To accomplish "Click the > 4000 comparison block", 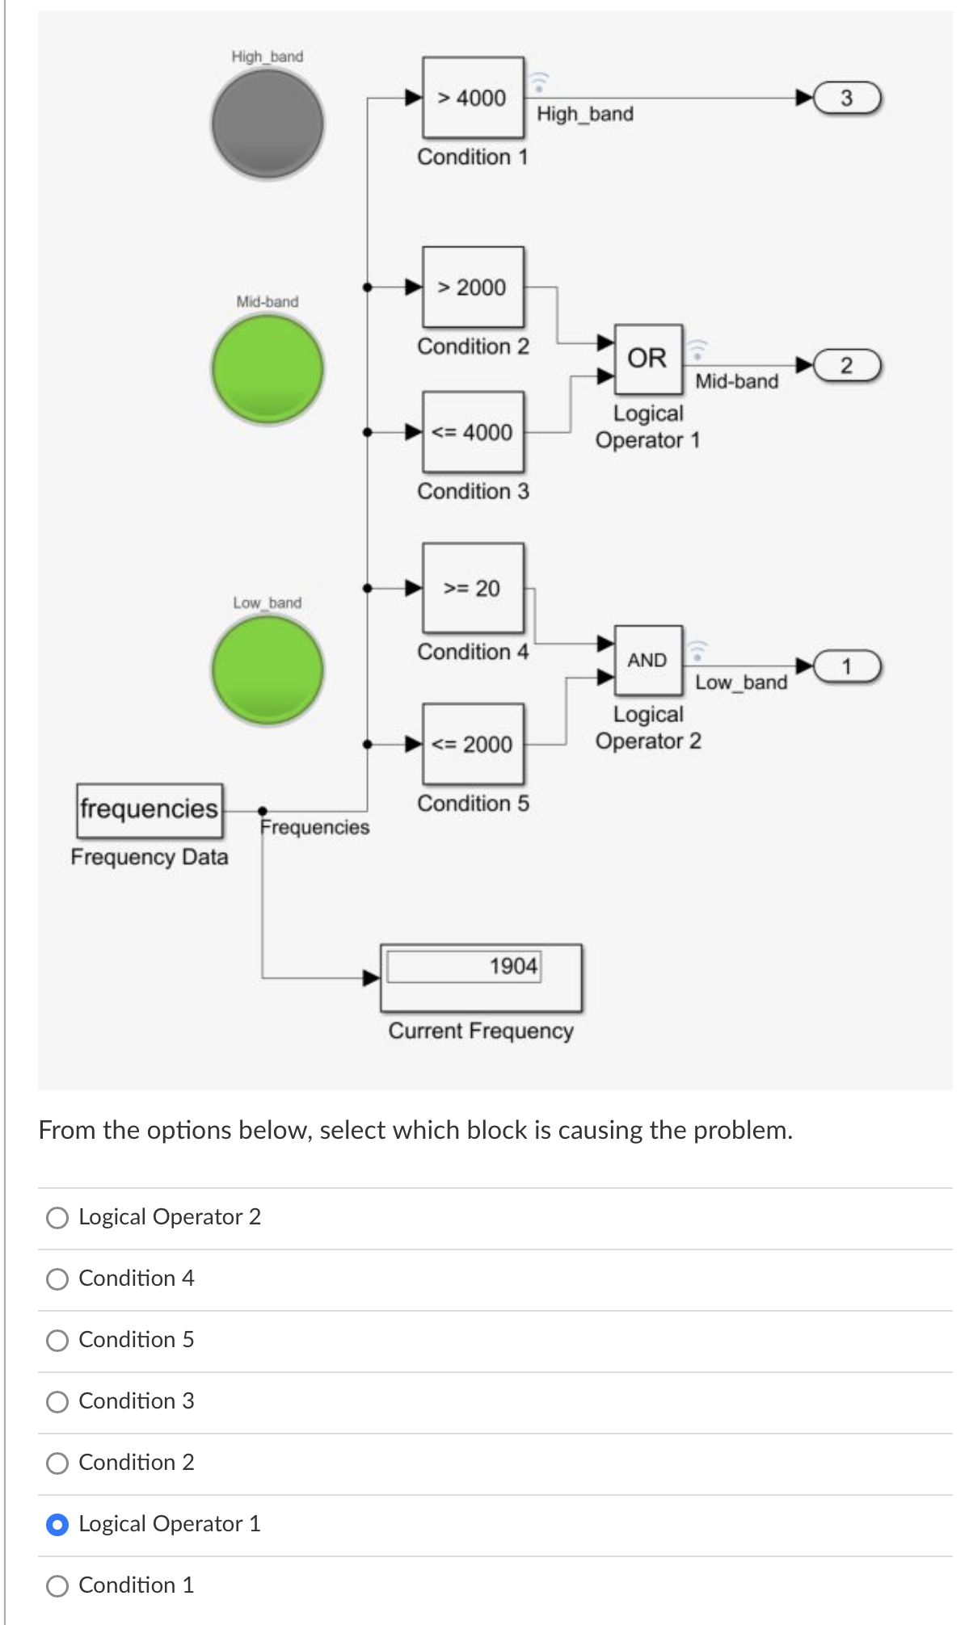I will [473, 99].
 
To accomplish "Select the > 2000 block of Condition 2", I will [473, 288].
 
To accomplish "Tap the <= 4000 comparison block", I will [473, 432].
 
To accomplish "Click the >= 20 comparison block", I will [473, 588].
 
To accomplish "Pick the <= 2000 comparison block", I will [473, 744].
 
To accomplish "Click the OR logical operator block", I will [648, 358].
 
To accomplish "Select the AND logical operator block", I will [648, 660].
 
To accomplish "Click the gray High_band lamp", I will [268, 124].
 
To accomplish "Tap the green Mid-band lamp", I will [268, 369].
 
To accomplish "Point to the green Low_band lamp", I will [268, 670].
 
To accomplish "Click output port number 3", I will [847, 99].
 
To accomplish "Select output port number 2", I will [847, 365].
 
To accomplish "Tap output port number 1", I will [847, 666].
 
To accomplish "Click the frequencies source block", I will [150, 808].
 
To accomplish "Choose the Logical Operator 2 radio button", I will [57, 1218].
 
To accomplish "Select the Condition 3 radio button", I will [57, 1402].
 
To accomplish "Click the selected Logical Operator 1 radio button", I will [57, 1525].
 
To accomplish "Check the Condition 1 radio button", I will [57, 1586].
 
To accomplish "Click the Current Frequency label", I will [481, 1031].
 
